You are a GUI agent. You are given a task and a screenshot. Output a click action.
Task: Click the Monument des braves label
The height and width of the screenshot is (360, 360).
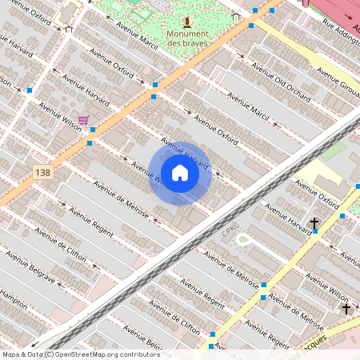coord(187,38)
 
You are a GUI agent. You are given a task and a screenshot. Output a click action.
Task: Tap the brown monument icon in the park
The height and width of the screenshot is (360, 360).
coord(186,22)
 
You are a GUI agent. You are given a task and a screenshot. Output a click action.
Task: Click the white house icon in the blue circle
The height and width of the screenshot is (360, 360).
coord(180,173)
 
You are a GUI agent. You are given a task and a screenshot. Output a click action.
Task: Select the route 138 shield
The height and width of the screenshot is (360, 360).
coord(42,172)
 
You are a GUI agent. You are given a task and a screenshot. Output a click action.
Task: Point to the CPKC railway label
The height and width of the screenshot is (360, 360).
coord(231,230)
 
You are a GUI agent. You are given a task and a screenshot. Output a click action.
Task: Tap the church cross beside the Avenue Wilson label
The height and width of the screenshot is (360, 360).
coord(346,308)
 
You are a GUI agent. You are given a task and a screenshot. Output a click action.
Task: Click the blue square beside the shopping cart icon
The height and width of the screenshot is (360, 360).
coord(94,130)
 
